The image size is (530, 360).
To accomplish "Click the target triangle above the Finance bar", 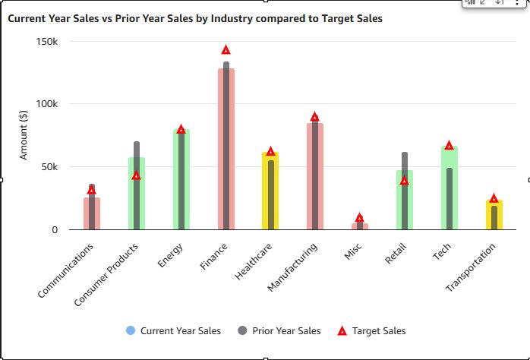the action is click(226, 50).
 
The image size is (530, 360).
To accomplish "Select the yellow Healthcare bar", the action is click(270, 191).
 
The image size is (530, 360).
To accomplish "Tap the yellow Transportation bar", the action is click(494, 215).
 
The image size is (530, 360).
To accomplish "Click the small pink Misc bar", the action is click(360, 226).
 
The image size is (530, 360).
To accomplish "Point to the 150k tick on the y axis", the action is click(47, 42).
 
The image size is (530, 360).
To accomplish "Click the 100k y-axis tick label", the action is click(47, 104).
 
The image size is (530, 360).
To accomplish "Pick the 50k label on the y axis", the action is click(49, 166).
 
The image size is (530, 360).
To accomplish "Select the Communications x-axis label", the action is click(65, 271).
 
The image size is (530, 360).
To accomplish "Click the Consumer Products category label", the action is click(106, 275).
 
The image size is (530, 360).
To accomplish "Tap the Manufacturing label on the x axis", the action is click(292, 267).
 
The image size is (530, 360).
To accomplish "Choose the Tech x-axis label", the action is click(441, 251).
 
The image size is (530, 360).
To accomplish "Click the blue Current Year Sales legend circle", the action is click(131, 330).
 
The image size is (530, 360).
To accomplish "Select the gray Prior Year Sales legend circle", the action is click(242, 330).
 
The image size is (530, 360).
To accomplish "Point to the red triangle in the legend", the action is click(342, 331).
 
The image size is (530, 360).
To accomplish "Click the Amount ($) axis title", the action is click(23, 135).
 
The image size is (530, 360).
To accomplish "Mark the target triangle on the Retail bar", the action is click(404, 181).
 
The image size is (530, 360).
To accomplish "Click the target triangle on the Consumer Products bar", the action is click(136, 175).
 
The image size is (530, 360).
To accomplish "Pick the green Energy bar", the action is click(181, 179).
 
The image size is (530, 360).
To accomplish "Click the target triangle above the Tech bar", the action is click(449, 145).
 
